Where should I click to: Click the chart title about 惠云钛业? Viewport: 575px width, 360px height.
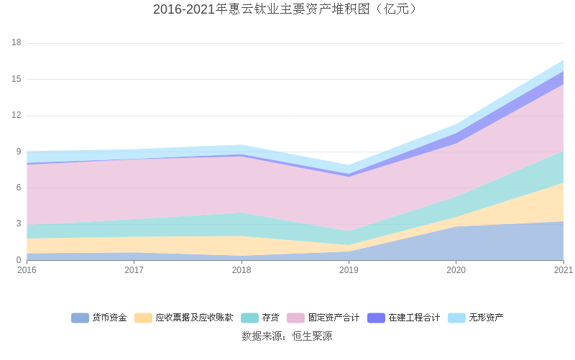[x=287, y=9]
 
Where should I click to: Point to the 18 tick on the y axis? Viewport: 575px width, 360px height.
[x=17, y=43]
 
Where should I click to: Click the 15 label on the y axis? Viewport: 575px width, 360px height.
[x=17, y=79]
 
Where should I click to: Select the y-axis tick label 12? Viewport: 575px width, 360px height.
[x=17, y=116]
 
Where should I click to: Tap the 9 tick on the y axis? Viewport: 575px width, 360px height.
[x=19, y=152]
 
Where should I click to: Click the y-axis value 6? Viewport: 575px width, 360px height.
[x=19, y=188]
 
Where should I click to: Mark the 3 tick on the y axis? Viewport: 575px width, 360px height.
[x=19, y=224]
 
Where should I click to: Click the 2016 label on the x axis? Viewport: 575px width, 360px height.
[x=27, y=270]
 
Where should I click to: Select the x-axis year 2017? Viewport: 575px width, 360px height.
[x=134, y=270]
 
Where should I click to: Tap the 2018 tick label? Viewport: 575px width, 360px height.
[x=241, y=270]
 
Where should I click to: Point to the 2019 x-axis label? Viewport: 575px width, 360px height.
[x=349, y=270]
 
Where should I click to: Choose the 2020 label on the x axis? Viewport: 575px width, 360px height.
[x=456, y=270]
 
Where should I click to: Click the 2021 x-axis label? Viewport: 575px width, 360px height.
[x=563, y=270]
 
